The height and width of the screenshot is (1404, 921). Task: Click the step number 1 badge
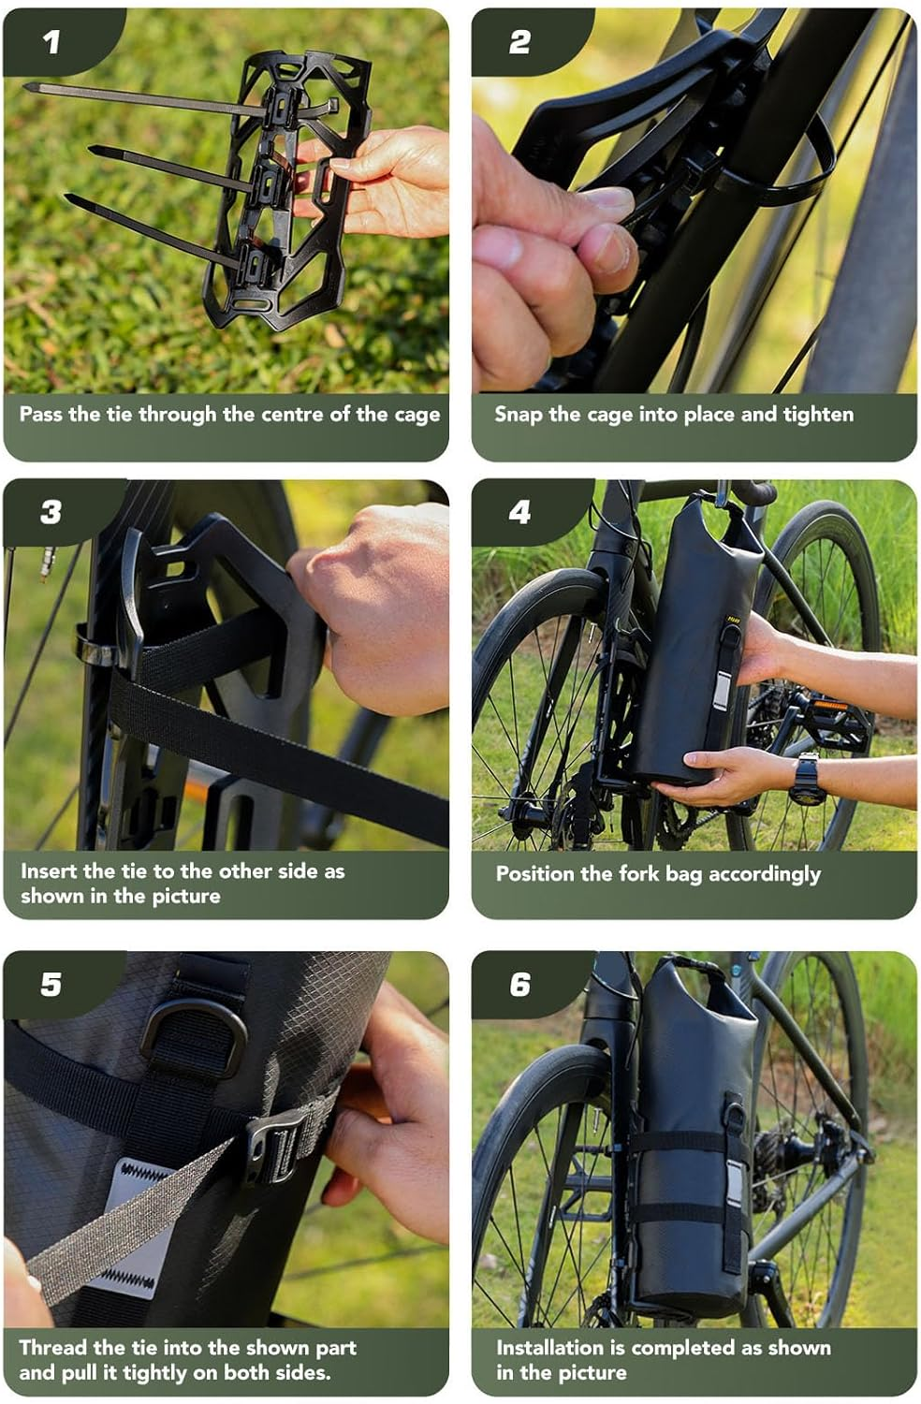tap(51, 41)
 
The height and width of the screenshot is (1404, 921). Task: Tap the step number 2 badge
tap(519, 41)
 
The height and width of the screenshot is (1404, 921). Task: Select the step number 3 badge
tap(51, 512)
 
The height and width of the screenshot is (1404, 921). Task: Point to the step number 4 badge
tap(519, 512)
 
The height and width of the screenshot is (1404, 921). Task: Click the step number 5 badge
tap(51, 984)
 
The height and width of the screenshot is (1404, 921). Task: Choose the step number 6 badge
tap(519, 984)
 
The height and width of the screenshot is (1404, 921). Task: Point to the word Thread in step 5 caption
tap(52, 1348)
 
